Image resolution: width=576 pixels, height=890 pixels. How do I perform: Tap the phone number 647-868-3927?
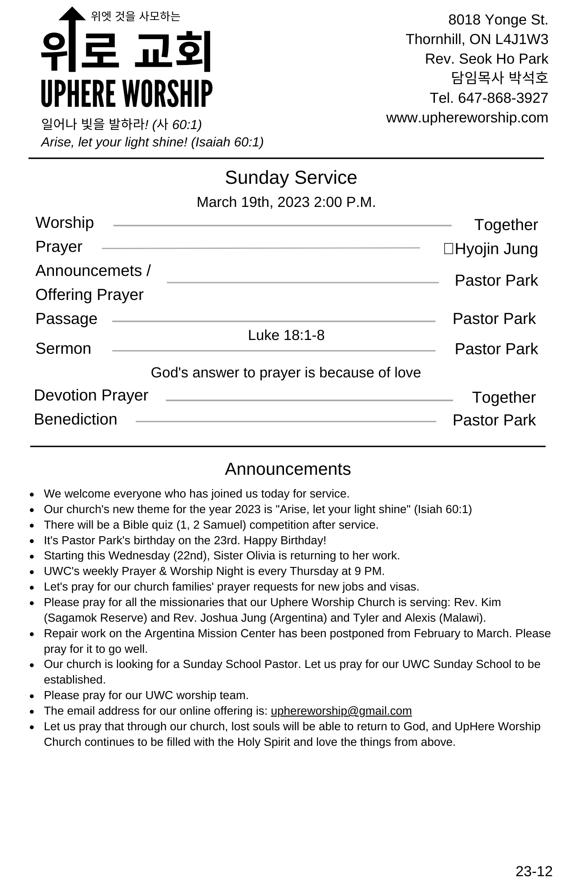[x=503, y=98]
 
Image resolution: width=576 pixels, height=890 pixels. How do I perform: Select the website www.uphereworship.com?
[x=467, y=117]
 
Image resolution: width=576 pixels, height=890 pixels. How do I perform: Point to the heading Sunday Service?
[x=291, y=178]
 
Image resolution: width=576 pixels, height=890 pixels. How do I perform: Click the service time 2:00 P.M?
[x=345, y=202]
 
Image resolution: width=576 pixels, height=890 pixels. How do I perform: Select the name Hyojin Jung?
[x=496, y=249]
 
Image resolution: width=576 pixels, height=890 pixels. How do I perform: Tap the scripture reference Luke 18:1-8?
[x=286, y=335]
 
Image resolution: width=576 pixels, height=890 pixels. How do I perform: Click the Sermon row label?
[x=63, y=348]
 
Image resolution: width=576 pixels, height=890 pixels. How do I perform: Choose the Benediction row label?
[x=76, y=419]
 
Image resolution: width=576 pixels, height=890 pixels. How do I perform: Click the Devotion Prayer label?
[x=91, y=395]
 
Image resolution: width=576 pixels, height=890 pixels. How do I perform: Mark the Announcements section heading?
[x=288, y=469]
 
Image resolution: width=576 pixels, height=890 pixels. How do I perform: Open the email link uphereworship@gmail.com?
[x=341, y=711]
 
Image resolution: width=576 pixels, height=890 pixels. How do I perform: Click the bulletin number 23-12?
[x=534, y=871]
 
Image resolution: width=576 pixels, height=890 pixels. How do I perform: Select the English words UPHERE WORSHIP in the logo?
[x=127, y=94]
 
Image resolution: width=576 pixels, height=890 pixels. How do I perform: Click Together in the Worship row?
[x=506, y=225]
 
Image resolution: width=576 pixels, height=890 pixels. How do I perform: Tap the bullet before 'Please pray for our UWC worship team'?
[x=32, y=696]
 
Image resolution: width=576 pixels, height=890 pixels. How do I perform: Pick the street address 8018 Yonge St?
[x=498, y=20]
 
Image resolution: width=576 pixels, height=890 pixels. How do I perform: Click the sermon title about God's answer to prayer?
[x=286, y=372]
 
